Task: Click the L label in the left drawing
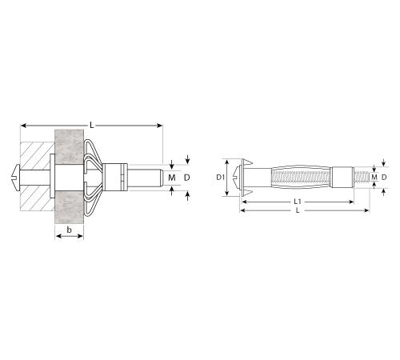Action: click(x=92, y=125)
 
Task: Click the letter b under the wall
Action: click(x=69, y=230)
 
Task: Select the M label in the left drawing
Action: click(x=172, y=178)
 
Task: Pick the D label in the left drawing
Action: click(x=187, y=178)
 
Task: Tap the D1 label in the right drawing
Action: click(x=220, y=177)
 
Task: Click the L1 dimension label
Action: click(x=298, y=202)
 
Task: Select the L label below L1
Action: click(x=298, y=210)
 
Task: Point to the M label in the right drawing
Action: click(x=374, y=177)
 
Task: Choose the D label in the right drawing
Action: click(x=384, y=177)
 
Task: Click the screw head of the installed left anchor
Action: click(x=16, y=178)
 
